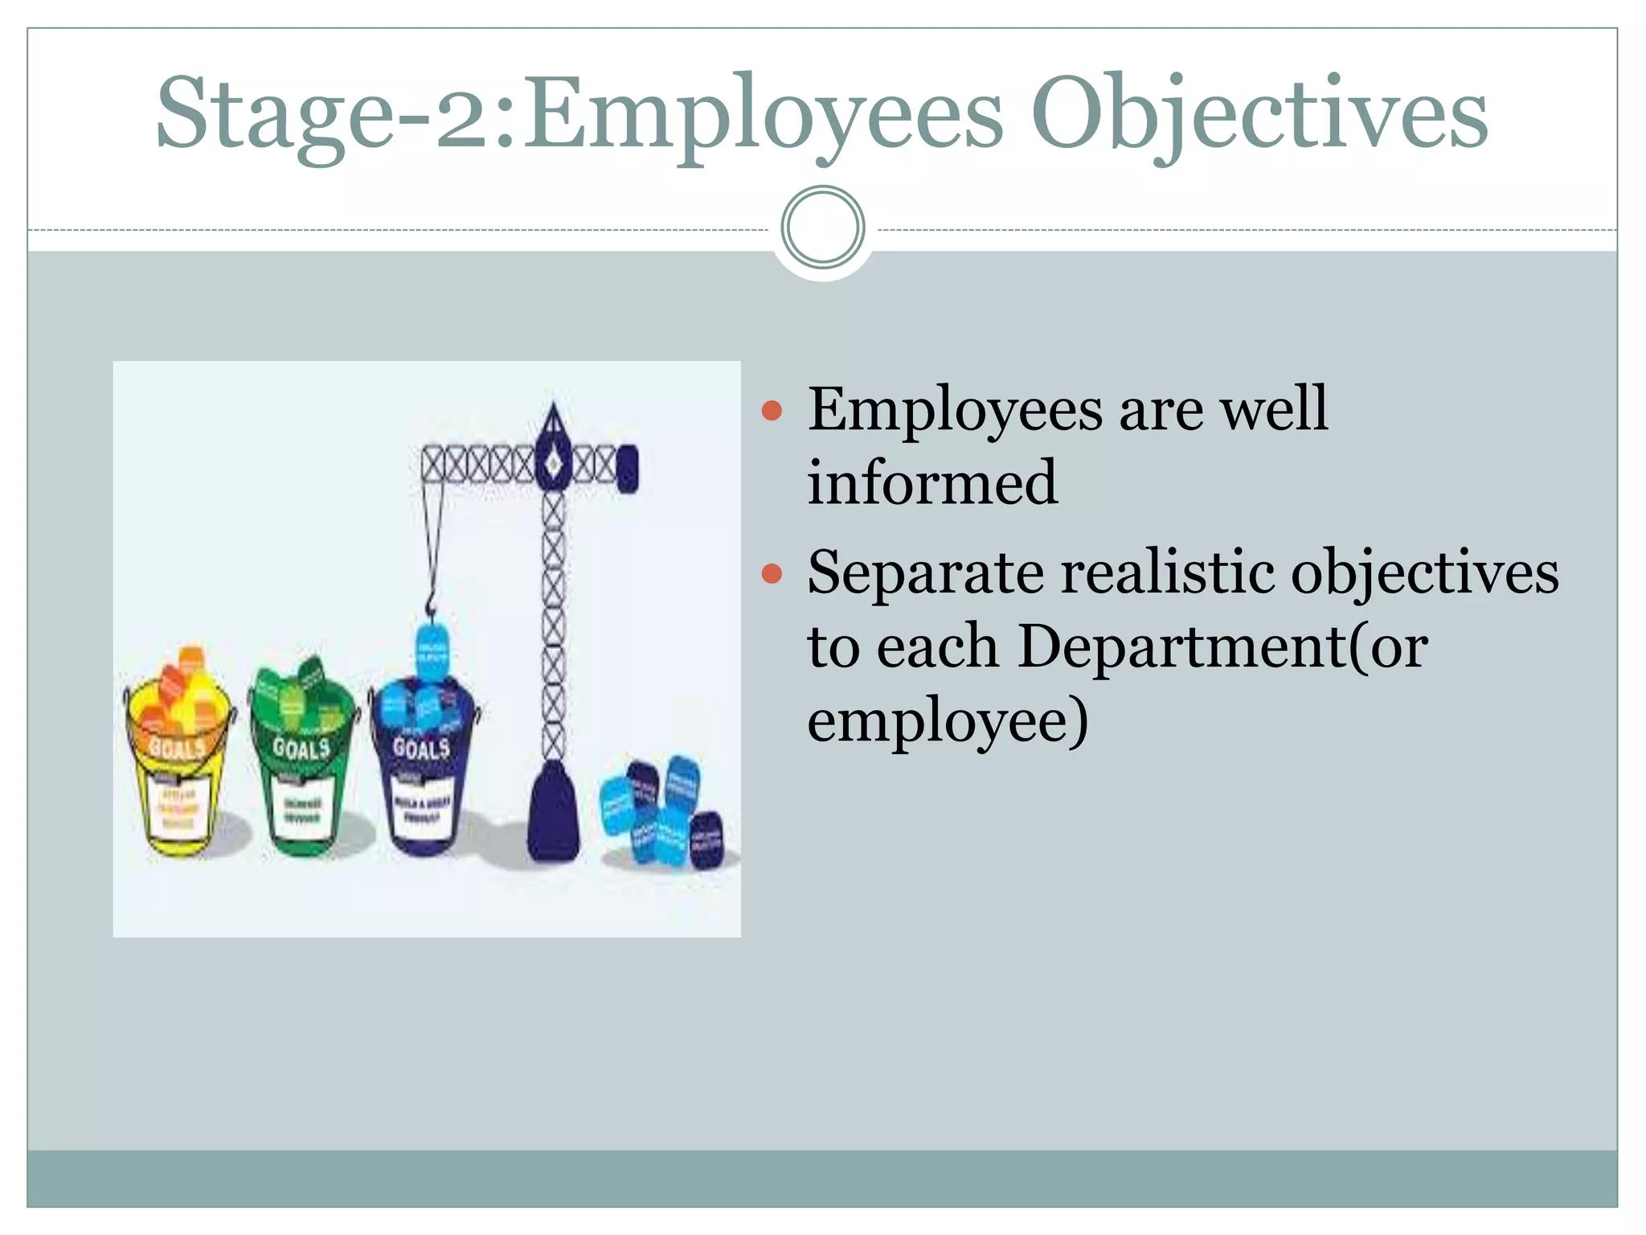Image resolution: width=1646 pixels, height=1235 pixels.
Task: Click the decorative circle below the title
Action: tap(822, 228)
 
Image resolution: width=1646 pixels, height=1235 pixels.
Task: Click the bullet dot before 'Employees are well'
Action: tap(772, 412)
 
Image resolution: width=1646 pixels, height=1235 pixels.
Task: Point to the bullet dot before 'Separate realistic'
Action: tap(772, 574)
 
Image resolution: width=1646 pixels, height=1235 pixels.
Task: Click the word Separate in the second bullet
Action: tap(924, 574)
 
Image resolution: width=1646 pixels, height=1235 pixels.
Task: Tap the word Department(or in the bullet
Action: tap(1222, 646)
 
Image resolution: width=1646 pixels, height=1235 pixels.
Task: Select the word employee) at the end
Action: tap(948, 720)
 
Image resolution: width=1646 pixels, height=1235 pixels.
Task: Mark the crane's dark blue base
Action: tap(553, 812)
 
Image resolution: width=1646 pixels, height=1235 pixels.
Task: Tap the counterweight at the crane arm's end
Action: tap(628, 468)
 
